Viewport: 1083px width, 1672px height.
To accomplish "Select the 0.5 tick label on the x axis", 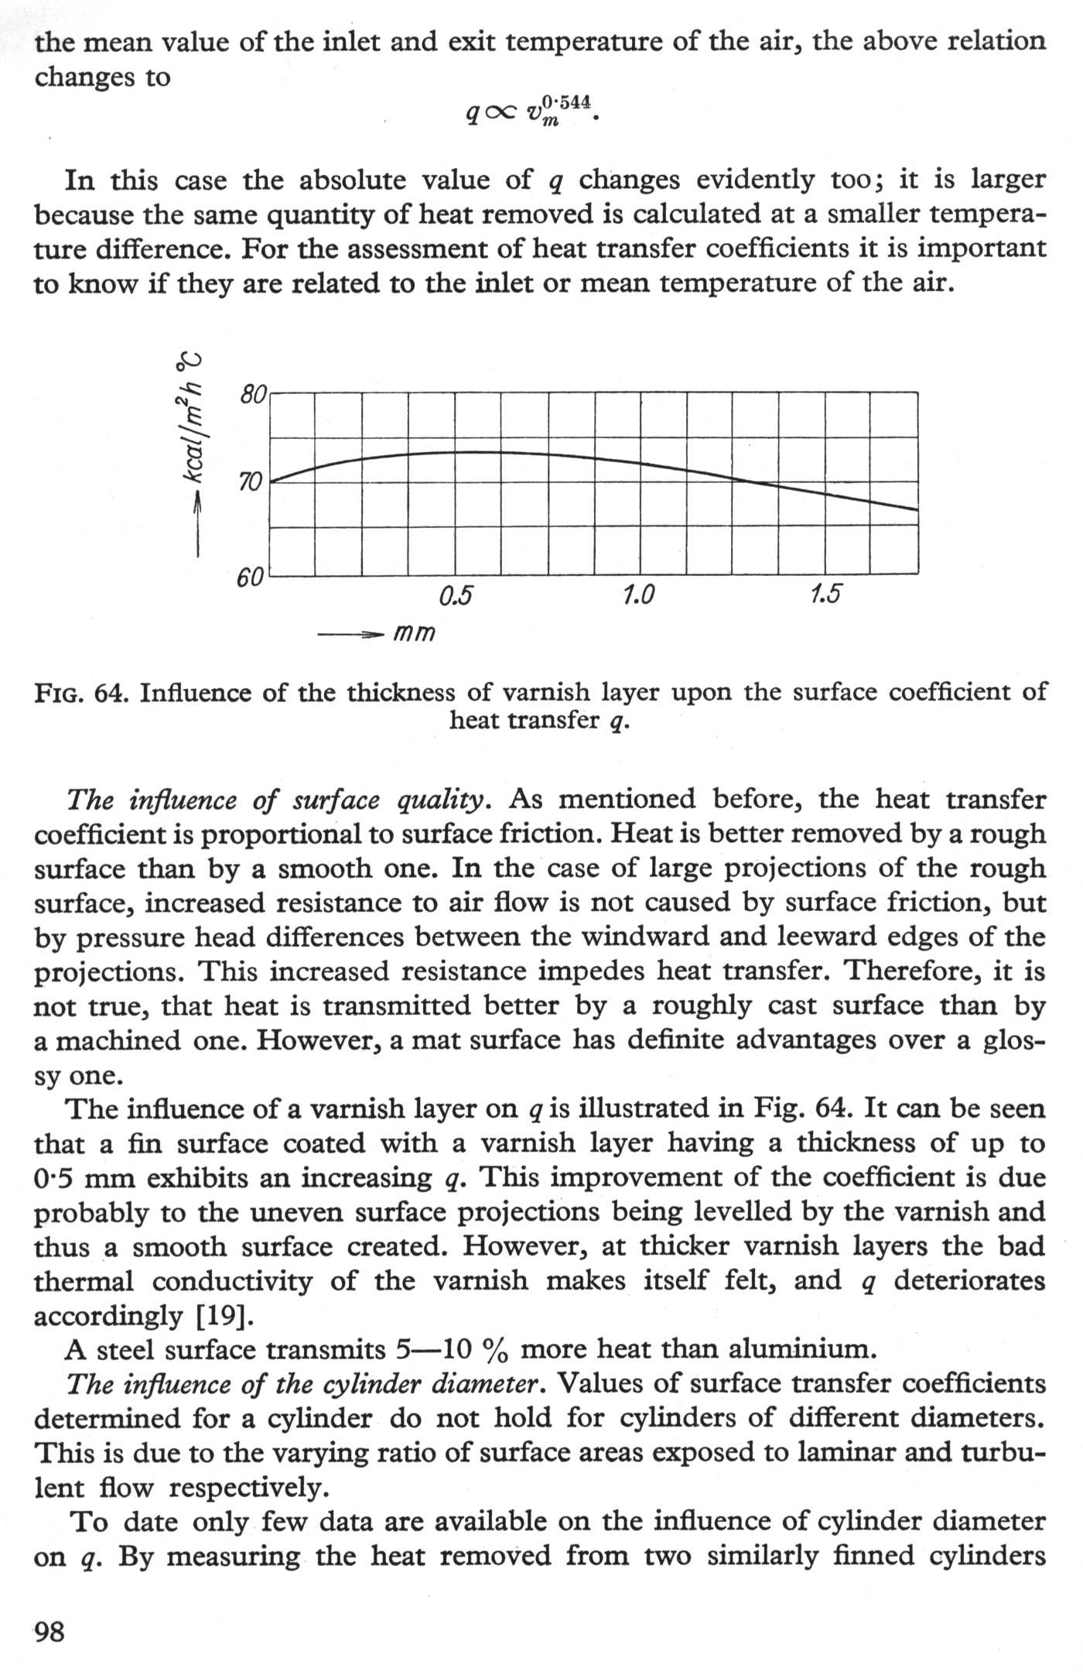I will point(456,595).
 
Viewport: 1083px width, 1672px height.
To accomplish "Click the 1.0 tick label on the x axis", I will point(638,595).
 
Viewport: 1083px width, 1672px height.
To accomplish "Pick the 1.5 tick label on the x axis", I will point(825,595).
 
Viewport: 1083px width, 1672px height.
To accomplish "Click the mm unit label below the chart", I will point(415,634).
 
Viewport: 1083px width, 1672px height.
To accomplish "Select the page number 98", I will point(50,1633).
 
